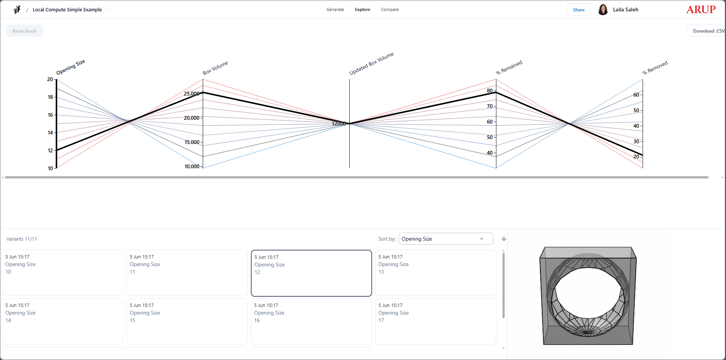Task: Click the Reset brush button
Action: (25, 31)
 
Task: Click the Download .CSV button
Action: (707, 31)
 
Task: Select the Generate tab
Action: (335, 9)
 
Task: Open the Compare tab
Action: (390, 9)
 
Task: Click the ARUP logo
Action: (701, 9)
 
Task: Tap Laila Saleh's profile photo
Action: (603, 9)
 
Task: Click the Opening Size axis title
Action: (70, 67)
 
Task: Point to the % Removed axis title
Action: (655, 67)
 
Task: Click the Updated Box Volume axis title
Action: (371, 64)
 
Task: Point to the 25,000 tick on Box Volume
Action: (192, 94)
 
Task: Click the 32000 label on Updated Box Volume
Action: (339, 124)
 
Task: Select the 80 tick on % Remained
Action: (490, 91)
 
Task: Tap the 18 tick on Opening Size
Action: (50, 97)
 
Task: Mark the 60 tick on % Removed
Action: (636, 95)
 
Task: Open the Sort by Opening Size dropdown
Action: (446, 239)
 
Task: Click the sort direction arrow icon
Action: (504, 239)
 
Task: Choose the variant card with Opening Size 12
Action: (311, 273)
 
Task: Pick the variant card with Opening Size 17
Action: (435, 321)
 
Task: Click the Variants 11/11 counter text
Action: (22, 239)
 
